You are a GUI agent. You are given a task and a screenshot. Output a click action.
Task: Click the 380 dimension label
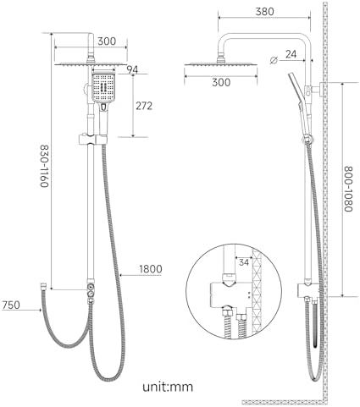point(264,12)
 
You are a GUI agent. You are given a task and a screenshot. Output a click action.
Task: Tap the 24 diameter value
point(291,54)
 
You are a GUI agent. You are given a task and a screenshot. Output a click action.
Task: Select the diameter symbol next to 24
point(274,60)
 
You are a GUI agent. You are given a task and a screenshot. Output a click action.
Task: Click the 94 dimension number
point(132,69)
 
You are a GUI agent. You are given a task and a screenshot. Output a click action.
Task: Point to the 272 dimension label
point(144,106)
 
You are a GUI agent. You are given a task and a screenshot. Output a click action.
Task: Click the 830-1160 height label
point(45,166)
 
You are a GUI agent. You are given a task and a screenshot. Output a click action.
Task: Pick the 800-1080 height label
point(348,189)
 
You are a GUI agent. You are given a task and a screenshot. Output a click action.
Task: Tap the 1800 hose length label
point(151,269)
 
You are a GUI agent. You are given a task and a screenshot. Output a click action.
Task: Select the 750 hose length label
point(11,305)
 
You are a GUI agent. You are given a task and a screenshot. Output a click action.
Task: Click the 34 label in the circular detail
point(244,262)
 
